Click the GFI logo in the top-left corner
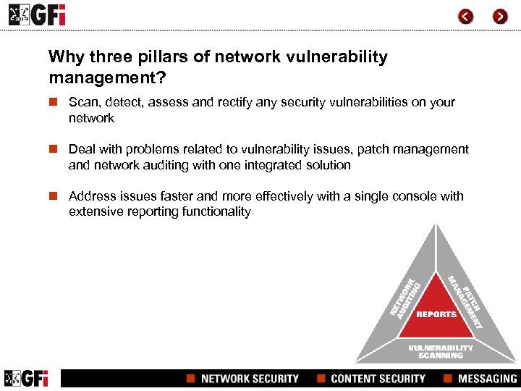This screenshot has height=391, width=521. coord(36,14)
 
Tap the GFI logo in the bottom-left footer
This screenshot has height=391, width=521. coord(27,378)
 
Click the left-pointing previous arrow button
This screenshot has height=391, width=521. coord(466,16)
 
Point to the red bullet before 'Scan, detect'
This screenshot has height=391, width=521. coord(53,103)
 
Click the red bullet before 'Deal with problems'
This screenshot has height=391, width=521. coord(53,150)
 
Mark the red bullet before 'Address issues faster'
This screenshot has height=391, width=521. coord(53,197)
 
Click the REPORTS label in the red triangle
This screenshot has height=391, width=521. coord(436,314)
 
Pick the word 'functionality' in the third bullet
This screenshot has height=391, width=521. coord(216,212)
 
